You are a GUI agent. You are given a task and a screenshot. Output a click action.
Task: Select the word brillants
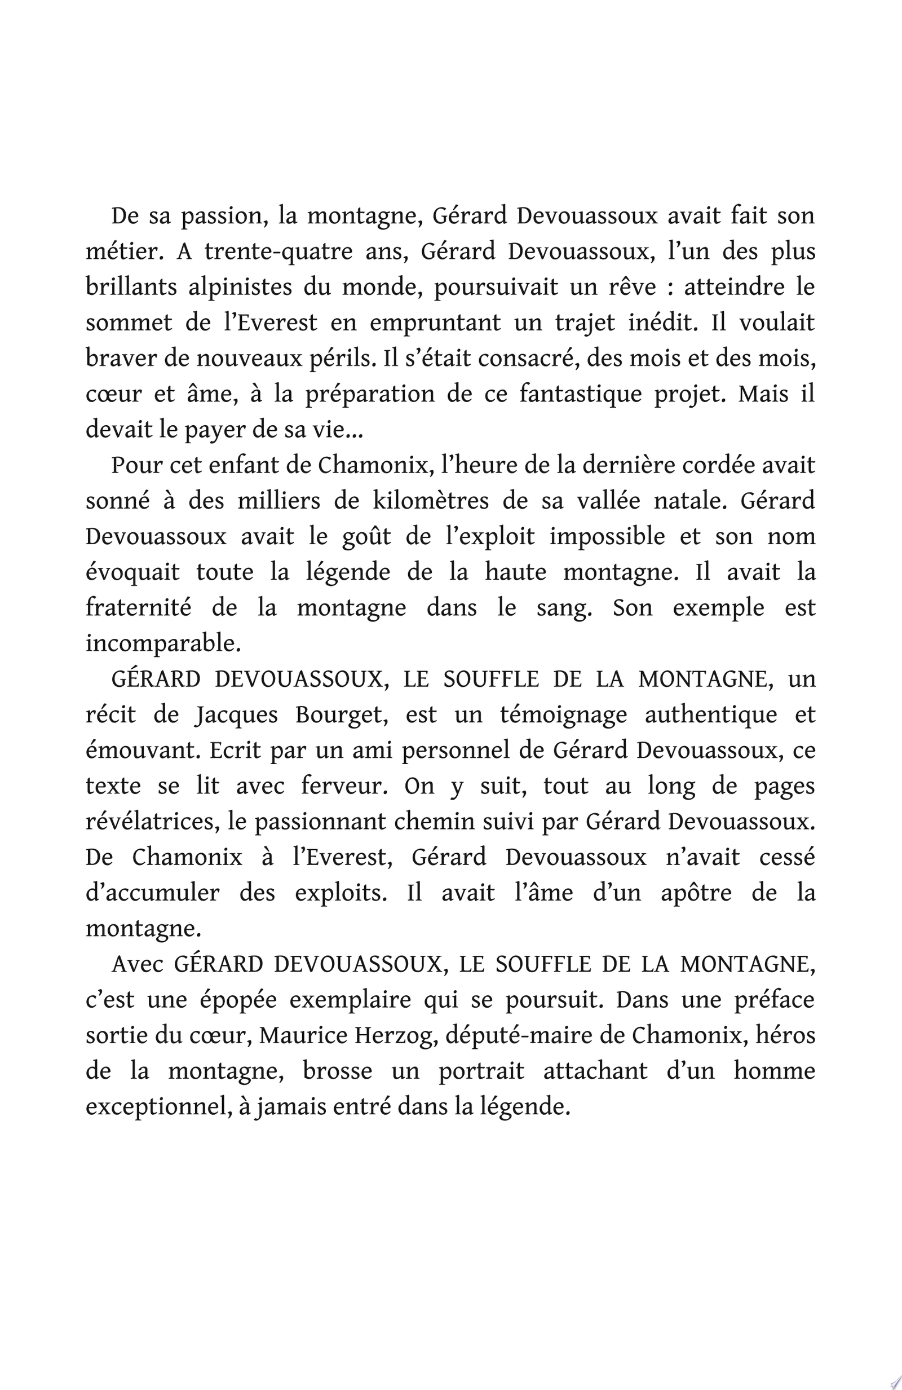(131, 288)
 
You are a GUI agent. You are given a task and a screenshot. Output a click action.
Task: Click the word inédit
(662, 323)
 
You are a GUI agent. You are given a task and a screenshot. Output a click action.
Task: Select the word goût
(366, 537)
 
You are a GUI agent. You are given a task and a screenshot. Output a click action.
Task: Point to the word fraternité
(138, 608)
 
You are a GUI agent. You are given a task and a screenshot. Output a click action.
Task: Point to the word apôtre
(696, 894)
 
